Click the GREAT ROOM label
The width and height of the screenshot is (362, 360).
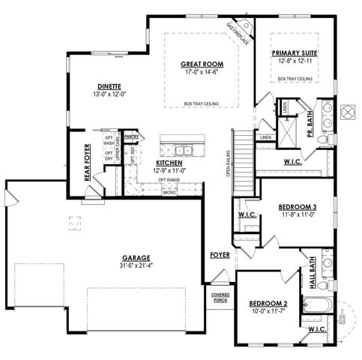(x=198, y=64)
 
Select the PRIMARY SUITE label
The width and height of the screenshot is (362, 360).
(x=294, y=53)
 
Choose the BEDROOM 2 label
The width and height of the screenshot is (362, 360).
(x=269, y=303)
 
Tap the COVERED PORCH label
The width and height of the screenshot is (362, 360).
(x=220, y=298)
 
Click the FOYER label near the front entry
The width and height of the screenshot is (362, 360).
(x=220, y=255)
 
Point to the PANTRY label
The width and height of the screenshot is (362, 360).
(x=132, y=137)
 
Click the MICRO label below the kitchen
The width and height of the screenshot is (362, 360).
(x=169, y=193)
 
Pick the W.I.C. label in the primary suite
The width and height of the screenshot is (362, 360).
(x=292, y=160)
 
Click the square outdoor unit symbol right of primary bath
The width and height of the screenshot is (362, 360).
(x=348, y=112)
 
